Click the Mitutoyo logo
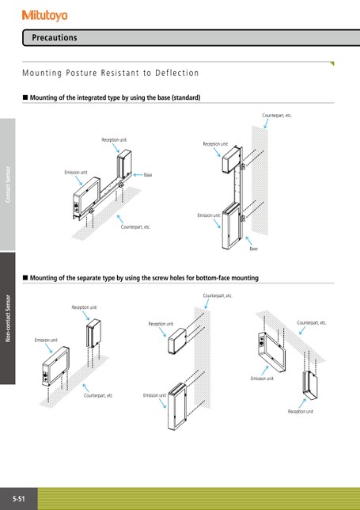[x=45, y=15]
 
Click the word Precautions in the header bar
[x=55, y=38]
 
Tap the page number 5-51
[x=19, y=499]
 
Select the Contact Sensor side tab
[x=8, y=185]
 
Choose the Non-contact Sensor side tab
[x=8, y=318]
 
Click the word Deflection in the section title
[x=176, y=73]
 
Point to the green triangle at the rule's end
[x=332, y=63]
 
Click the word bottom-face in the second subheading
[x=211, y=278]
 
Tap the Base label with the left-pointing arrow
[x=148, y=175]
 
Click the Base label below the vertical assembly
[x=253, y=249]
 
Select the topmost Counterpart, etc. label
[x=277, y=116]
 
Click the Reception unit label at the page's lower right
[x=301, y=412]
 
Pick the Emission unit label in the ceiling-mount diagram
[x=262, y=379]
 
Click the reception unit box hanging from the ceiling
[x=310, y=386]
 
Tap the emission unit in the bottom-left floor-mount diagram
[x=55, y=366]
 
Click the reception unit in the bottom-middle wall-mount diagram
[x=177, y=341]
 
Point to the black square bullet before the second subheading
[x=25, y=278]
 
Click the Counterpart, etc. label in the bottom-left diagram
[x=98, y=396]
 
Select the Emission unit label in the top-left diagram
[x=76, y=173]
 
